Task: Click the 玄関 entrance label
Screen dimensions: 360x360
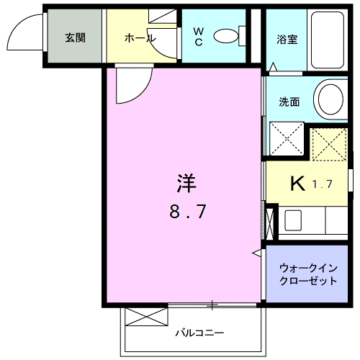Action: tap(75, 38)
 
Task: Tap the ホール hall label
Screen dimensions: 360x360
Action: tap(140, 38)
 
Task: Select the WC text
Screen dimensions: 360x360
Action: tap(199, 37)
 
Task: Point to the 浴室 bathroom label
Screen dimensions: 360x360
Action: tap(287, 40)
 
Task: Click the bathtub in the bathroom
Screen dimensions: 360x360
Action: tap(328, 40)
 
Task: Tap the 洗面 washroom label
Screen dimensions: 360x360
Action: tap(289, 102)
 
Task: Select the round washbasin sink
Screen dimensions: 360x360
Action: tap(330, 99)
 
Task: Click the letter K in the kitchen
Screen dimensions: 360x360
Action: tap(298, 184)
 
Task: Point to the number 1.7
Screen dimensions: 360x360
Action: tap(323, 184)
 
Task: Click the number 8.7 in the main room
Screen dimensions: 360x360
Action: tap(188, 211)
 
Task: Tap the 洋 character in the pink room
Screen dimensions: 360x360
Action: tap(186, 184)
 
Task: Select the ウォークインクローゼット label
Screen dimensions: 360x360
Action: tap(308, 274)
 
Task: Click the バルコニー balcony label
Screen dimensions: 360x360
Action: tap(199, 333)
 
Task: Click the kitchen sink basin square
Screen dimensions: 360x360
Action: tap(293, 220)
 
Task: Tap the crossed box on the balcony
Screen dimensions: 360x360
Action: tap(146, 317)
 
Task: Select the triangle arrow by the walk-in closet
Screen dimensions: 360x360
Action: tap(256, 253)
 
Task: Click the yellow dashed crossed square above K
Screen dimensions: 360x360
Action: tap(330, 145)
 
